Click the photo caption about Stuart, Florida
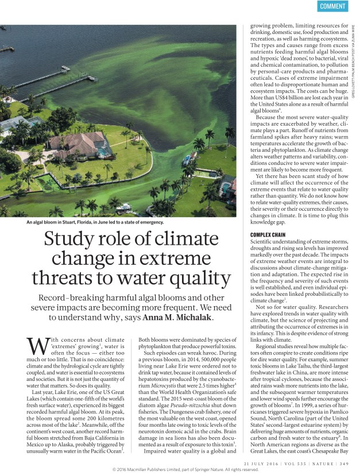(95, 222)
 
